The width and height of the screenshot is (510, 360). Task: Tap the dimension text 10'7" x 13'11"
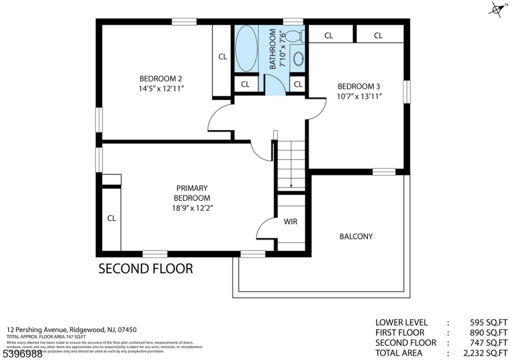(x=359, y=97)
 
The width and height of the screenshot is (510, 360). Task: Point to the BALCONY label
(x=356, y=236)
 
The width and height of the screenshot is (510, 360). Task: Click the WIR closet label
(x=290, y=222)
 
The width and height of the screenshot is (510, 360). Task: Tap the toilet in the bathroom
(x=294, y=36)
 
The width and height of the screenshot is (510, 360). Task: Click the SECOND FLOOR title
(x=145, y=269)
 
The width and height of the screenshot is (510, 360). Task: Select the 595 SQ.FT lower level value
(x=486, y=322)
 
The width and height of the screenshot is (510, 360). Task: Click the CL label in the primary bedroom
(x=112, y=218)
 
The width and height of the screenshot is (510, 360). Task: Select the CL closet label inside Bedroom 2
(x=222, y=57)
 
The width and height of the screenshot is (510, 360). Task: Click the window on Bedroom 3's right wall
(x=405, y=90)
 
